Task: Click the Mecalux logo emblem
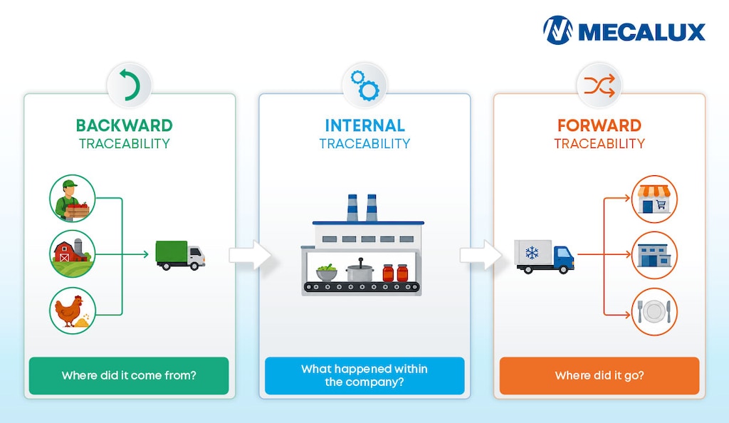click(x=558, y=30)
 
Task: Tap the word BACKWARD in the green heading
click(x=124, y=125)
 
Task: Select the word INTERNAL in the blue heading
click(x=364, y=125)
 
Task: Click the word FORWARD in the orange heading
click(x=599, y=125)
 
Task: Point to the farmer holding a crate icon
click(x=73, y=199)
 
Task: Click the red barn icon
click(x=73, y=254)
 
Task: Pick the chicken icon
click(x=73, y=310)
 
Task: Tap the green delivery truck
click(x=180, y=255)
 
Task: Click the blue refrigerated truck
click(x=545, y=256)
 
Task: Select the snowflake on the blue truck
click(x=532, y=253)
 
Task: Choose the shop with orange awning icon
click(x=654, y=199)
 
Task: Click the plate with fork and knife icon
click(x=654, y=311)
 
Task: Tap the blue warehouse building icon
click(x=654, y=255)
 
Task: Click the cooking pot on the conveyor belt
click(x=360, y=271)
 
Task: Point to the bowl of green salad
click(x=327, y=273)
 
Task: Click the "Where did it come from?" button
click(x=129, y=375)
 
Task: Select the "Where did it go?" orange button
click(x=599, y=375)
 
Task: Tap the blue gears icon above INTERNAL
click(x=365, y=85)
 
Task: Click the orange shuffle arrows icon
click(x=599, y=85)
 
